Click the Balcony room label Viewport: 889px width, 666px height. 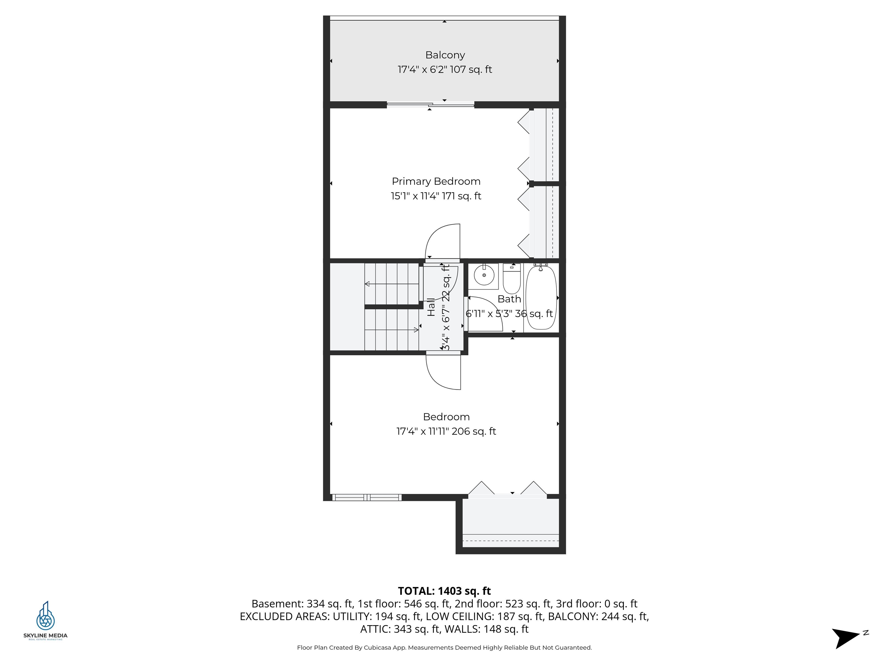pyautogui.click(x=445, y=55)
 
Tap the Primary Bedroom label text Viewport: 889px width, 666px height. pyautogui.click(x=436, y=182)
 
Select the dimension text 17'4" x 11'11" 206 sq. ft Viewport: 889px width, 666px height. pyautogui.click(x=446, y=432)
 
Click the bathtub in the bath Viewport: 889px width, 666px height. pyautogui.click(x=541, y=297)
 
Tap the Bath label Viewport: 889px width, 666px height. pyautogui.click(x=509, y=299)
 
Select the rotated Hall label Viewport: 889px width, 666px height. pyautogui.click(x=431, y=307)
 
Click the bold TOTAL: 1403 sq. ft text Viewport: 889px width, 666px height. pyautogui.click(x=444, y=591)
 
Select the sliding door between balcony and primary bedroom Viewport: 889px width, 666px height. pyautogui.click(x=430, y=105)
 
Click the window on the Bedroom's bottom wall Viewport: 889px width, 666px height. pyautogui.click(x=367, y=498)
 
